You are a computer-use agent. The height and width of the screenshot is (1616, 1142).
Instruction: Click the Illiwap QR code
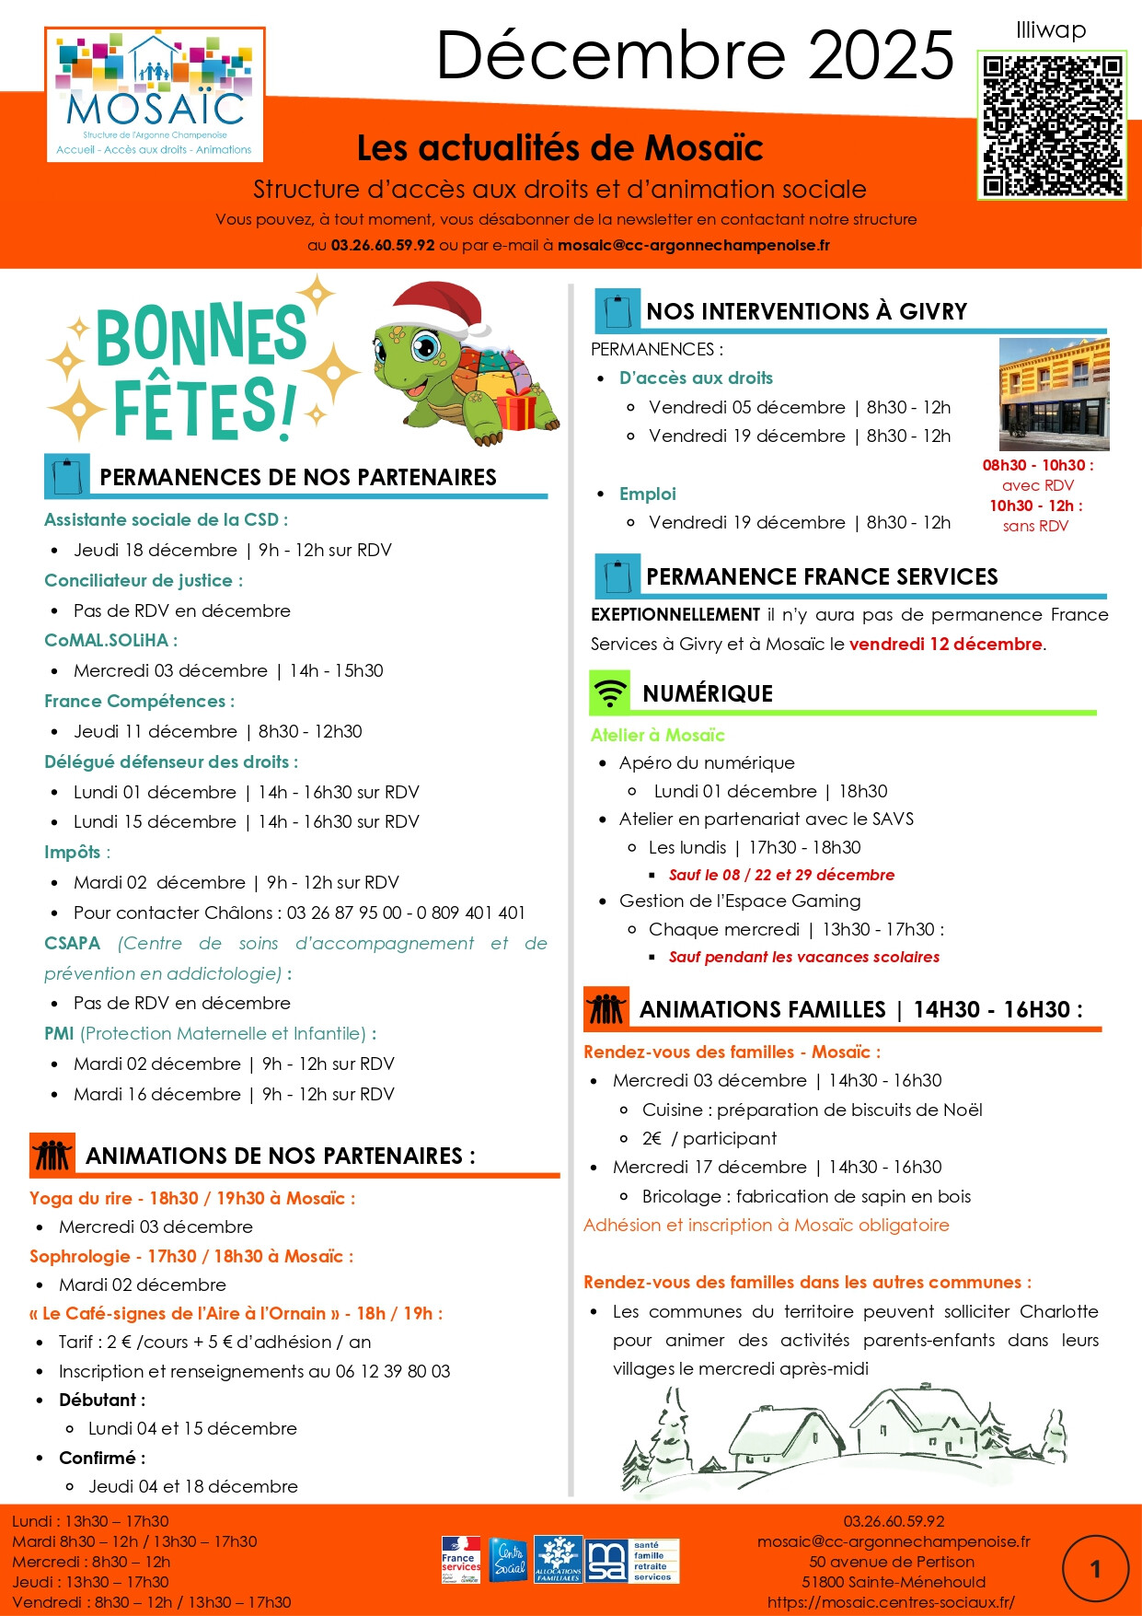[1052, 125]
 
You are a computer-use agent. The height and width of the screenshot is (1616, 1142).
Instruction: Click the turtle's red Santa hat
[438, 307]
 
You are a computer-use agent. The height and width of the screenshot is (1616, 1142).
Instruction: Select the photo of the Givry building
[1054, 394]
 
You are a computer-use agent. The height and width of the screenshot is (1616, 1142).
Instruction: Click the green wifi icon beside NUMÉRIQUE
[609, 692]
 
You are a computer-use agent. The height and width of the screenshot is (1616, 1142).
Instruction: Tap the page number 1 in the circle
[1095, 1569]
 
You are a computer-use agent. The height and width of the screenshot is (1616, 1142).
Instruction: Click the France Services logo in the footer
[460, 1559]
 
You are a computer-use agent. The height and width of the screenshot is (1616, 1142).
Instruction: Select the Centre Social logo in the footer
[509, 1559]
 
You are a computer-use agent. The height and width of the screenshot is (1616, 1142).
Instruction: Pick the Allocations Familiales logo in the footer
[558, 1559]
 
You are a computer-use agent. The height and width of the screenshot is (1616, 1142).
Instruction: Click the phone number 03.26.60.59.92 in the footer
[894, 1521]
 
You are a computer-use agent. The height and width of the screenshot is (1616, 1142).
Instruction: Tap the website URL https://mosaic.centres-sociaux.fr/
[891, 1602]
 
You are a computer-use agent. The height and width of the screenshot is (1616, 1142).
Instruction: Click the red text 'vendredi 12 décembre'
[945, 644]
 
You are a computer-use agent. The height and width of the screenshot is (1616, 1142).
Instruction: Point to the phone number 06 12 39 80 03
[393, 1371]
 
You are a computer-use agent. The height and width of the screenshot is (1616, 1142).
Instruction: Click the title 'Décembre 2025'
[695, 55]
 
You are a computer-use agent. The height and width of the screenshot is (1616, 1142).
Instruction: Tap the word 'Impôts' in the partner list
[73, 852]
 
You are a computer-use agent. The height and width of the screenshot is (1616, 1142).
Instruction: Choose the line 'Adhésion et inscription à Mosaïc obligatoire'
[766, 1225]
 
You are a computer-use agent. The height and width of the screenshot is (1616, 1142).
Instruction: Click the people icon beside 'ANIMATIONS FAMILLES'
[606, 1008]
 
